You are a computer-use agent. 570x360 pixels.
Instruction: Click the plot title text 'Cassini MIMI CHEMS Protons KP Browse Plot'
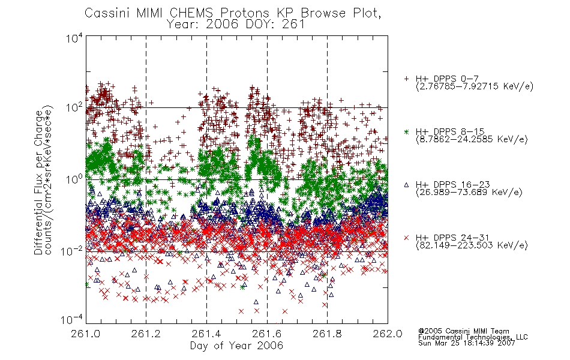[232, 13]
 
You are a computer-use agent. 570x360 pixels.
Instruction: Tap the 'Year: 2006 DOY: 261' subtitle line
[235, 25]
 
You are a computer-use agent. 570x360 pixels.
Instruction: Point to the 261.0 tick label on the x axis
[85, 334]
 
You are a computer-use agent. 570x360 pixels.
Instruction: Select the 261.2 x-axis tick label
[146, 334]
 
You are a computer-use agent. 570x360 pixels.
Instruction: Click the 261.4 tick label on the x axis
[206, 334]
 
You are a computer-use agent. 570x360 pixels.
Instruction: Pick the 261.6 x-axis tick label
[266, 334]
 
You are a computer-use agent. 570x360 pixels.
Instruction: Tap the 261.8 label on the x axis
[327, 334]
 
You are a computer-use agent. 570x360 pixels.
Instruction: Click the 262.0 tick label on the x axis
[388, 334]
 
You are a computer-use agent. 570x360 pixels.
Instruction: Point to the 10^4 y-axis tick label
[74, 38]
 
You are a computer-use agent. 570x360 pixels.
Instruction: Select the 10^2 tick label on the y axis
[74, 107]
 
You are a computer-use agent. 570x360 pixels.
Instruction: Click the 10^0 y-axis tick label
[74, 179]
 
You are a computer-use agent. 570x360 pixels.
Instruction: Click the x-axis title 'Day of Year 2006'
[236, 346]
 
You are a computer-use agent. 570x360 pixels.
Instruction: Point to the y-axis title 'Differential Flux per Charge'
[38, 182]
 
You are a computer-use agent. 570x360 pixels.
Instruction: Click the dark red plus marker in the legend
[406, 79]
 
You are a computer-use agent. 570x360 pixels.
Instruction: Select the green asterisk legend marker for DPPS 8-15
[406, 131]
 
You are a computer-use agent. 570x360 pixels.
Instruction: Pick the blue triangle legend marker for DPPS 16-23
[406, 185]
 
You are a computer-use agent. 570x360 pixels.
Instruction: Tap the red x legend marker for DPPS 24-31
[406, 238]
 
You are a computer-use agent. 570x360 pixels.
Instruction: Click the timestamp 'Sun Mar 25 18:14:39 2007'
[466, 343]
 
